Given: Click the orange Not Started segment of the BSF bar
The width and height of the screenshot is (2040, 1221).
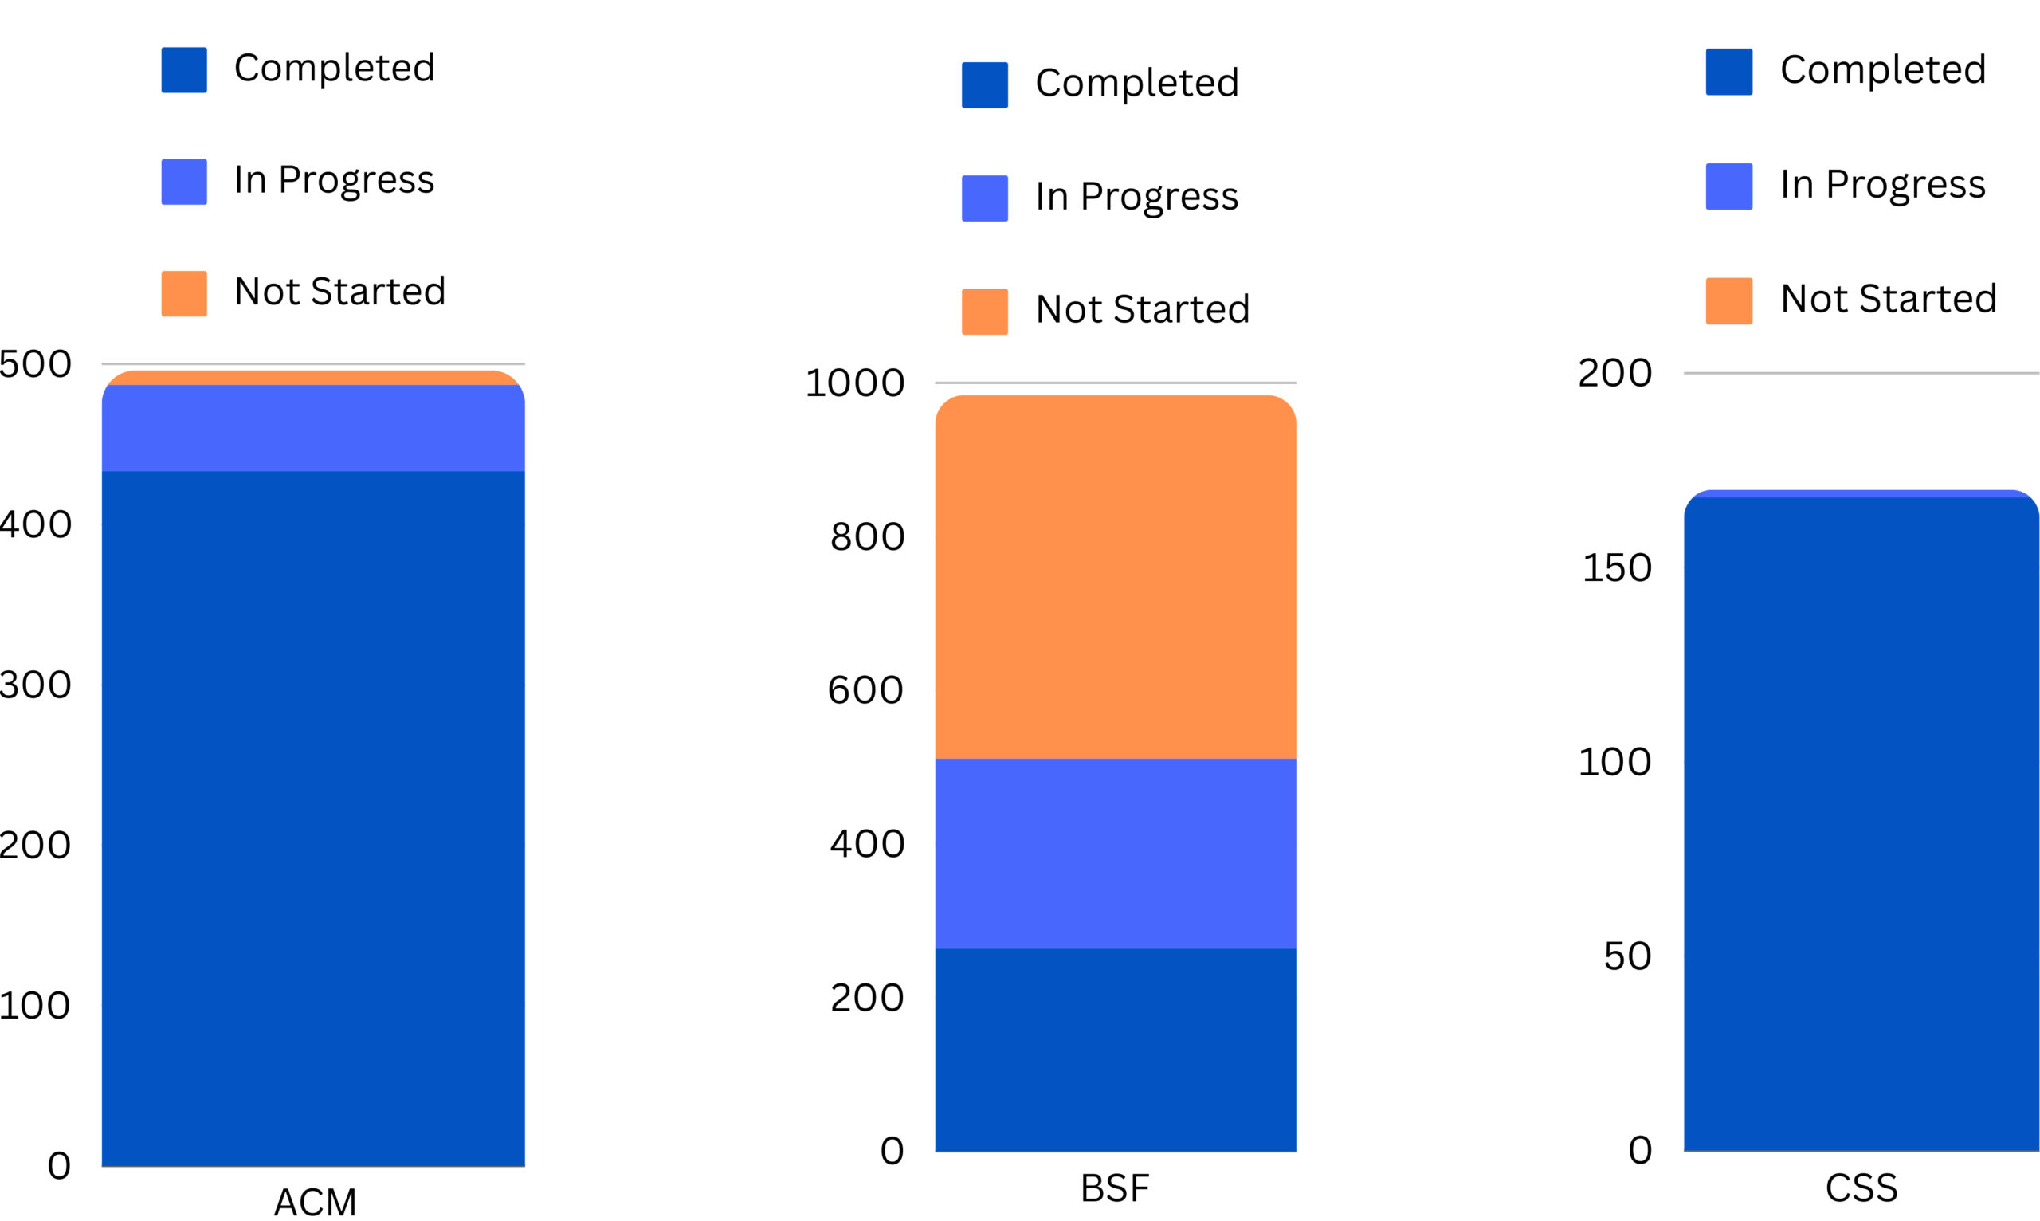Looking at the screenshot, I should [1116, 577].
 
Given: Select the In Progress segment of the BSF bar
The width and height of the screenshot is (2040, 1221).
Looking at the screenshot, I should [1116, 854].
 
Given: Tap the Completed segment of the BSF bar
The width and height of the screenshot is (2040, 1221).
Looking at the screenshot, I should [1116, 1050].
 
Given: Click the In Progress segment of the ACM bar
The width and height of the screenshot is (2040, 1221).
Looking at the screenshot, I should [312, 428].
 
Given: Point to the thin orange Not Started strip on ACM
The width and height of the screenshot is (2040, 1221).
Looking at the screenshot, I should [312, 378].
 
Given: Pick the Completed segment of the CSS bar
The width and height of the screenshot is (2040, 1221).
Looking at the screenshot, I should [1861, 823].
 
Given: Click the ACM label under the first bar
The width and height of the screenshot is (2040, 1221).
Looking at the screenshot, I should [315, 1202].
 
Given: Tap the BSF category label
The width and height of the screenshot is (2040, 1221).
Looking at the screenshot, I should [1115, 1188].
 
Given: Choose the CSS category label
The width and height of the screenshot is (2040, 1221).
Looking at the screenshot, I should [1861, 1188].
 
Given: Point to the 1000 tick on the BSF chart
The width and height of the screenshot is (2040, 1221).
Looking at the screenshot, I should [855, 383].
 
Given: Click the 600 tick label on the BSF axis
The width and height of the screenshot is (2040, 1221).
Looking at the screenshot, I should [865, 690].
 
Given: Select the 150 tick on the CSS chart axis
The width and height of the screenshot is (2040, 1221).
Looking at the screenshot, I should [1616, 568].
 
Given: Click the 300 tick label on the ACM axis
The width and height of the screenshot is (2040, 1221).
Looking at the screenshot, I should [34, 685].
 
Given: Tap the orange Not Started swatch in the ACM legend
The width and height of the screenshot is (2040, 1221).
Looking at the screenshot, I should [183, 294].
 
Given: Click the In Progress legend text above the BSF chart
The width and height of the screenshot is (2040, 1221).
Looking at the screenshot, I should [1137, 198].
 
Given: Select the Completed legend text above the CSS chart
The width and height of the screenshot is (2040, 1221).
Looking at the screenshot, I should [1883, 70].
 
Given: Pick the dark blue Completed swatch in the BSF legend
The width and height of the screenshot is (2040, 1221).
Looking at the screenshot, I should [985, 84].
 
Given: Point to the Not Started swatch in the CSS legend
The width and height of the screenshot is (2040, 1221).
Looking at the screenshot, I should [1728, 301].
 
